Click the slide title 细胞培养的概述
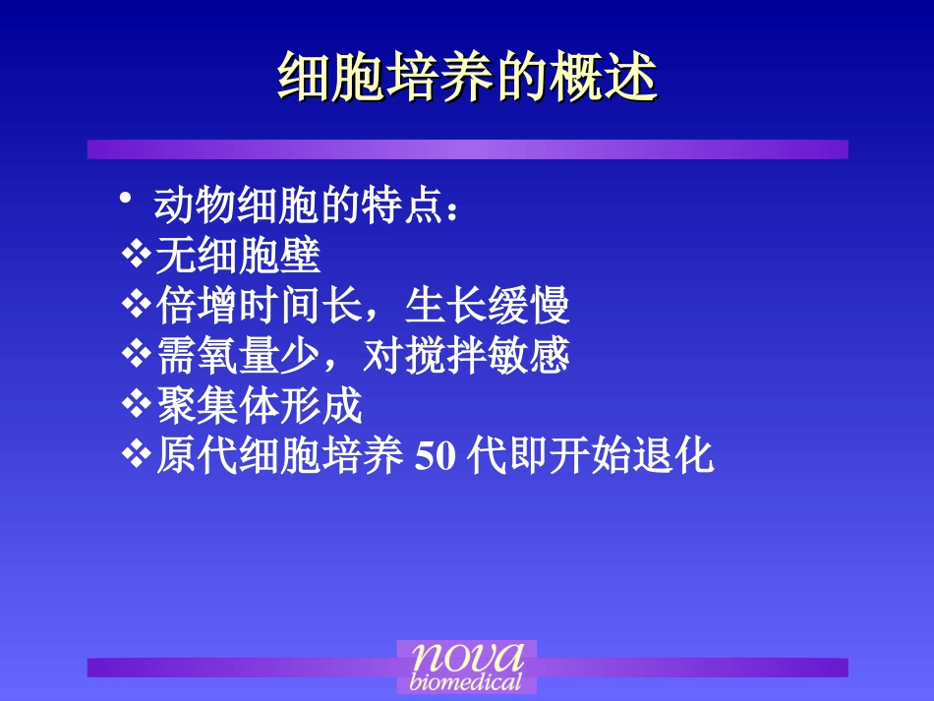click(x=467, y=78)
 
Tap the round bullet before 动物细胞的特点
click(x=126, y=201)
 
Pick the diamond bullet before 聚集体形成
click(x=135, y=404)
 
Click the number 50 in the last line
click(x=434, y=457)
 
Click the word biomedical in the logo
click(x=466, y=681)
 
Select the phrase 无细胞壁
click(x=238, y=257)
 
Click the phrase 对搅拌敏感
click(x=467, y=356)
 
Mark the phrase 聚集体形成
click(x=260, y=406)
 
